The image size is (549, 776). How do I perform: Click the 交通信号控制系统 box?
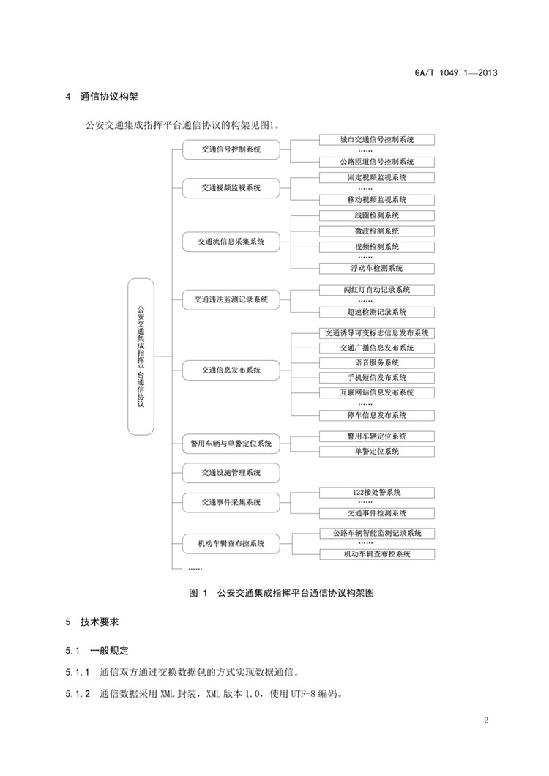coord(231,150)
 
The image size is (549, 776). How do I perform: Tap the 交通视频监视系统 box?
coord(231,188)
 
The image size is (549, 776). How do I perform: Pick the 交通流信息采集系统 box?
coord(231,241)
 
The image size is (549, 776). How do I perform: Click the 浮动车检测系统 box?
coord(377,268)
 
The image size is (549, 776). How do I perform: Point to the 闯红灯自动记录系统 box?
coord(377,290)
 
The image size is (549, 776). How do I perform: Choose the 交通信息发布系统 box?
coord(231,370)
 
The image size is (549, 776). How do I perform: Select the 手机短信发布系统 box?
coord(377,378)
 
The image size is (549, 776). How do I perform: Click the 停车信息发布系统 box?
coord(377,415)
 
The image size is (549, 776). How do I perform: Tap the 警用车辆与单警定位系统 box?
coord(231,443)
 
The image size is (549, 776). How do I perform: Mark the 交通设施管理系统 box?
coord(231,472)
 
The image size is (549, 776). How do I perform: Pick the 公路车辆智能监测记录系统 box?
coord(377,533)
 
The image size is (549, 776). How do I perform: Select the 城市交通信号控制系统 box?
coord(377,139)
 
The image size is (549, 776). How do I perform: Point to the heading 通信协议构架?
coord(114,97)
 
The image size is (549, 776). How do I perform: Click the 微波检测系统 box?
coord(377,231)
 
